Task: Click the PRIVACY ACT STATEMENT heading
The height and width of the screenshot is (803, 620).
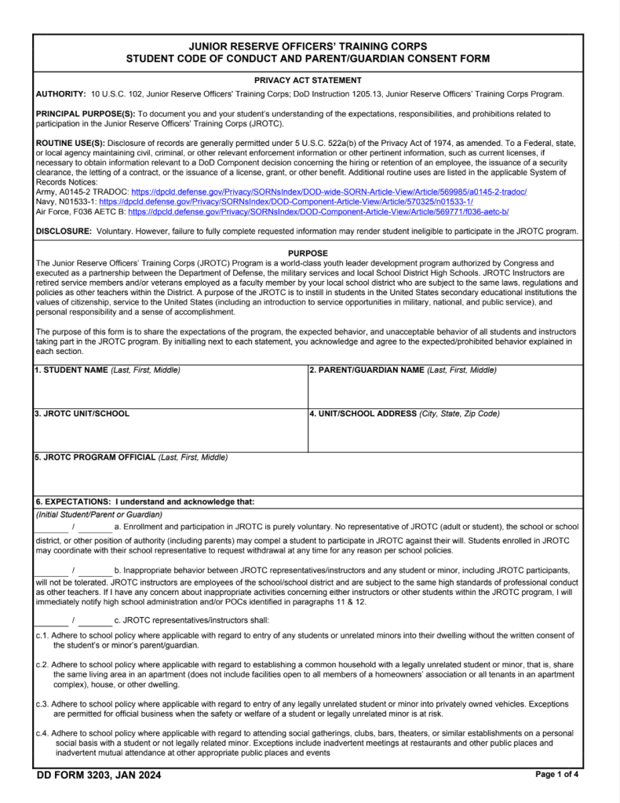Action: [x=308, y=80]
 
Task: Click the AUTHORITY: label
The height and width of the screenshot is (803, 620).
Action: [x=61, y=94]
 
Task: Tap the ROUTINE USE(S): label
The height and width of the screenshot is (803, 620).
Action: [x=71, y=143]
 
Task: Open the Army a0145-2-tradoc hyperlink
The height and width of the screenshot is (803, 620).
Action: [x=329, y=192]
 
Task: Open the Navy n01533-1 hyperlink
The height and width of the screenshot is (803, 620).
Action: [x=286, y=202]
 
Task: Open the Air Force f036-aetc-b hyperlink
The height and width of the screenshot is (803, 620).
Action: [x=319, y=212]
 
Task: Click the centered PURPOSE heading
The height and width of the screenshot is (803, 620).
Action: [x=308, y=254]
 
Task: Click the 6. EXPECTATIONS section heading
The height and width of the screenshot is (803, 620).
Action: [x=145, y=502]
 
